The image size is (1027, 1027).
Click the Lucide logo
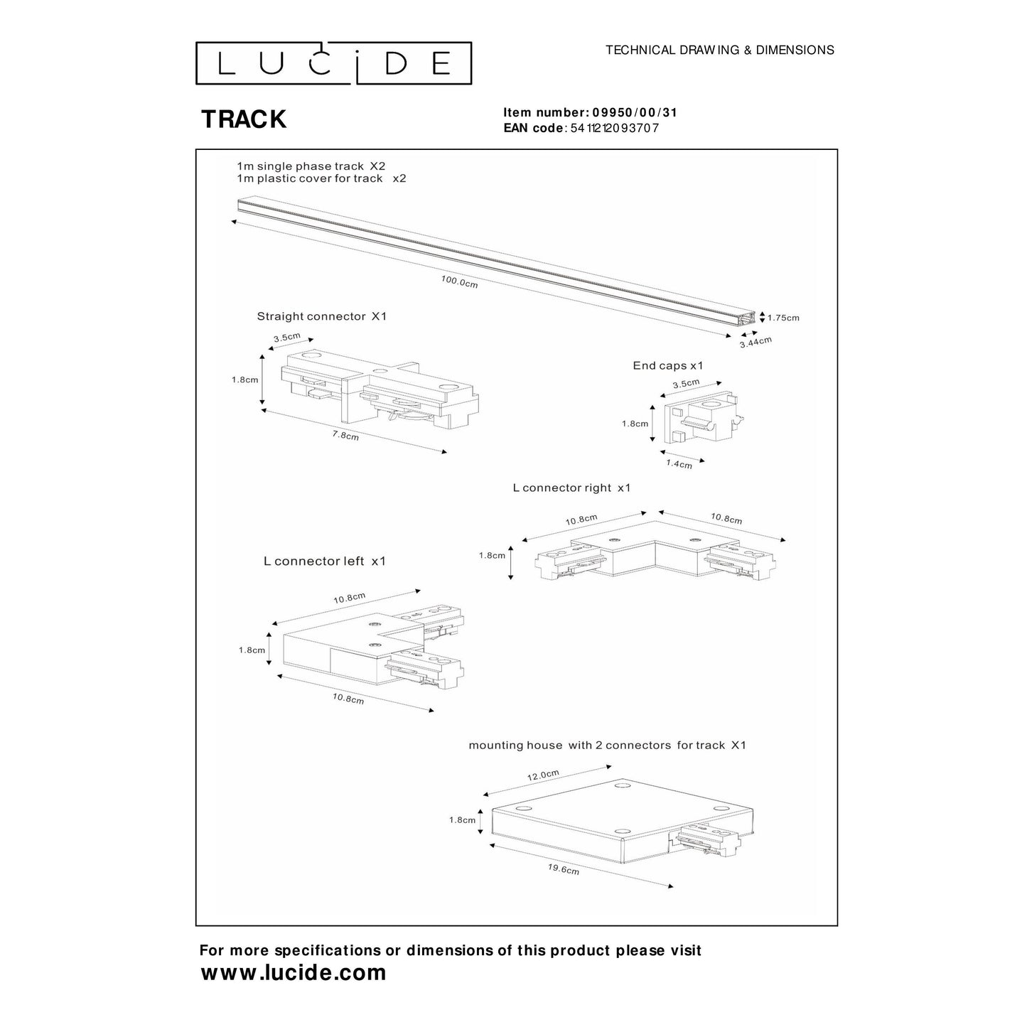click(333, 63)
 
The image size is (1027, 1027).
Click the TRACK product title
click(244, 119)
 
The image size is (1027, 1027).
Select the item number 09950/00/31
click(629, 112)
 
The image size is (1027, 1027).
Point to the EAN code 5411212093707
click(615, 129)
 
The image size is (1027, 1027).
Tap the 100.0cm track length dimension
click(459, 281)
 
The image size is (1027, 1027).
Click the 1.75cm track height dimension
click(783, 318)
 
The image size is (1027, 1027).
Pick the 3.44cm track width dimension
click(755, 342)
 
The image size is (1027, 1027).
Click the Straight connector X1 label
click(321, 316)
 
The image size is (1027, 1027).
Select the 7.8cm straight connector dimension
click(345, 435)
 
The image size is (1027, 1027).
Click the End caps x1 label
click(667, 365)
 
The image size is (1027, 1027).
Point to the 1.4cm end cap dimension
click(679, 464)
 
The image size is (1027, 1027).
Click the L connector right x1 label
click(571, 488)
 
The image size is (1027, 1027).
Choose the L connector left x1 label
click(324, 561)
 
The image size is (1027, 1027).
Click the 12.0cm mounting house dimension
click(543, 774)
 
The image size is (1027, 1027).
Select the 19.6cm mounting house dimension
click(563, 869)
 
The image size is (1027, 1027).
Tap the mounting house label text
click(607, 745)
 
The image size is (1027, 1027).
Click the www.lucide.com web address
click(294, 972)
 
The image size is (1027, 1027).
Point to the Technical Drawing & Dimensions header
click(719, 50)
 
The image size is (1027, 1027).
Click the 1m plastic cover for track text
click(321, 178)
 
